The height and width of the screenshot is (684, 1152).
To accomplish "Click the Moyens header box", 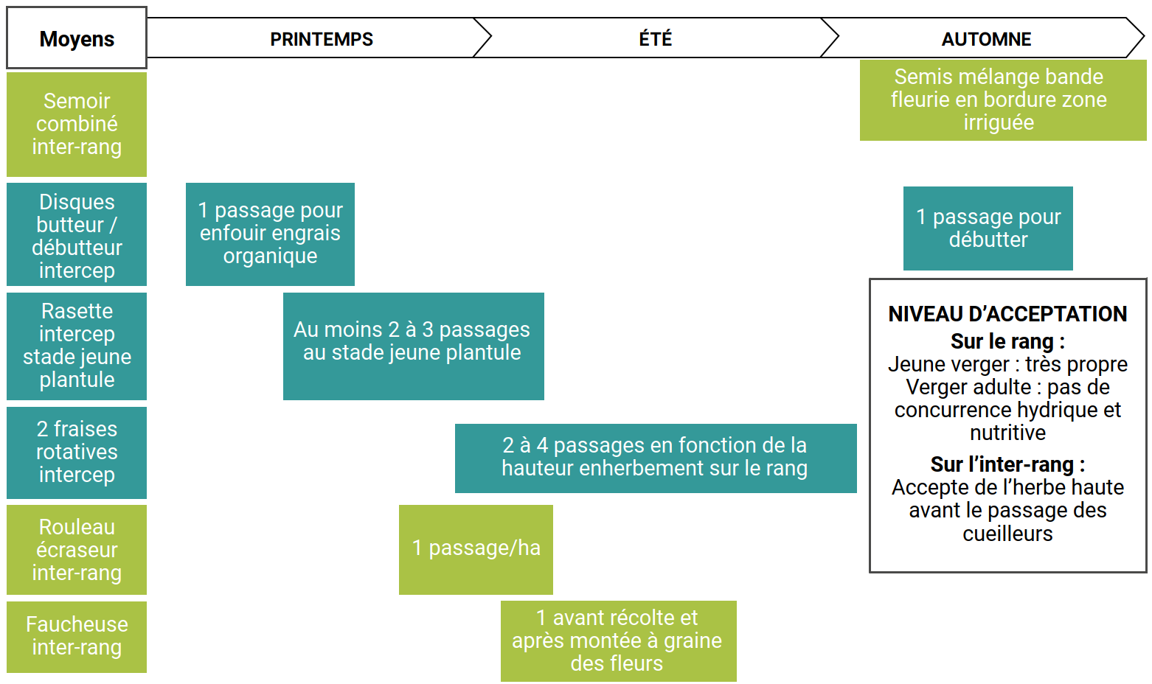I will tap(77, 38).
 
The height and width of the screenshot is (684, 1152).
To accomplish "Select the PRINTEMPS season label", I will tap(322, 39).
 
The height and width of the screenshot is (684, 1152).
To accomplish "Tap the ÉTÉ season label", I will tap(655, 39).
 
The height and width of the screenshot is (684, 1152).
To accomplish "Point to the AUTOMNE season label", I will tap(986, 39).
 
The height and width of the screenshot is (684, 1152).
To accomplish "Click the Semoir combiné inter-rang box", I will tap(77, 124).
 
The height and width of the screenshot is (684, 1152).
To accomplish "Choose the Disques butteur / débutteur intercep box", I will tap(77, 235).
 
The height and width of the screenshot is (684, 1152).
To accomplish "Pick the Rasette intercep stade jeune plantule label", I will tap(77, 346).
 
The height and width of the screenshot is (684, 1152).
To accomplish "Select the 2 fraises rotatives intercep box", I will tap(77, 452).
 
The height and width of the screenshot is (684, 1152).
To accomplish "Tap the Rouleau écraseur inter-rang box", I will tap(77, 550).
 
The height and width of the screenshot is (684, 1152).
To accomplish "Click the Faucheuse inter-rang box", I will tap(77, 636).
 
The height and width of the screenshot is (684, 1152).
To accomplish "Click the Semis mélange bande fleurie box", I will tap(999, 100).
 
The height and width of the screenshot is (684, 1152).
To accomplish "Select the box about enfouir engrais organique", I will tap(270, 234).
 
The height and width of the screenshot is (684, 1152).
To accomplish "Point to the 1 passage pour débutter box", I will tap(988, 228).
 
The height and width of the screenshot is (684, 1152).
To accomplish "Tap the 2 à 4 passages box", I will tap(655, 457).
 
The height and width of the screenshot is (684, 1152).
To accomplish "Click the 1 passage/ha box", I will tap(476, 549).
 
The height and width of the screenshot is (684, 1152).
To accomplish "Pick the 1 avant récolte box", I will tap(618, 641).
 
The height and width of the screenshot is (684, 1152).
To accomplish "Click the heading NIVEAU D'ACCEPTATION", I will tap(1007, 314).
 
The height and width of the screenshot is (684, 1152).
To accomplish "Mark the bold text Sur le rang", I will tap(1007, 341).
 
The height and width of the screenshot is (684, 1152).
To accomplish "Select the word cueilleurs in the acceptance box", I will tap(1007, 534).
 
